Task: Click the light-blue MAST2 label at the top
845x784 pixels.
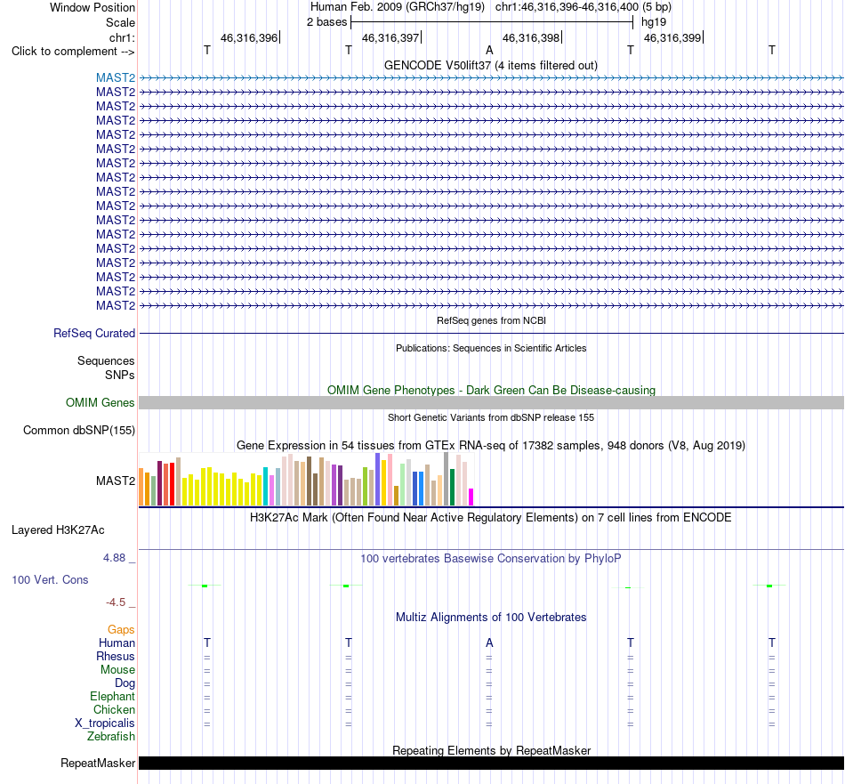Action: [x=116, y=78]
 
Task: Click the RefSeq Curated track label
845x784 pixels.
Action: [x=94, y=333]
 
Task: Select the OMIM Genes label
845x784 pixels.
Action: [x=101, y=403]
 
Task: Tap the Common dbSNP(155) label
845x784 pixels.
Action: [x=79, y=431]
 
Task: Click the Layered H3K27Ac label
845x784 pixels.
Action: [x=58, y=530]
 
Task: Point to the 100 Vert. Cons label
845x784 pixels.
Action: [x=50, y=579]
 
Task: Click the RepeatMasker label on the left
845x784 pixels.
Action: [x=98, y=763]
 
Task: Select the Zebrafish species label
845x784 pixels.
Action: [x=111, y=737]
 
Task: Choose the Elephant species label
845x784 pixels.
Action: [x=113, y=697]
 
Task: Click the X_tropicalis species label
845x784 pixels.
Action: [x=105, y=723]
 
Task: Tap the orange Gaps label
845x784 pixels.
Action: [x=121, y=630]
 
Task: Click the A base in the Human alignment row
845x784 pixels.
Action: [x=489, y=643]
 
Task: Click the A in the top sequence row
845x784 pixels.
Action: [x=489, y=50]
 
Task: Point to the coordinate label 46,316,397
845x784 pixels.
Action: [x=390, y=37]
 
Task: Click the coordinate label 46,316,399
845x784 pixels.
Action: [x=672, y=37]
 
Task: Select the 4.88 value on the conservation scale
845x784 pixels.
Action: [x=114, y=558]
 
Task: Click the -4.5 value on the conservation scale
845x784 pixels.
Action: [x=116, y=602]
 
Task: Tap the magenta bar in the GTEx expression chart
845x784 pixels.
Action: [x=471, y=497]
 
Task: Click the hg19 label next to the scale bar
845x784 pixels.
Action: [x=654, y=22]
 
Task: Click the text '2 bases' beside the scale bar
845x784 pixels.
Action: [x=327, y=22]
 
